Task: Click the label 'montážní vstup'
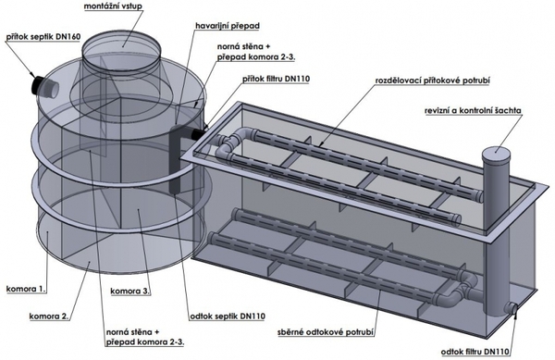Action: click(x=114, y=6)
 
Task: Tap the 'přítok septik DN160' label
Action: click(x=43, y=37)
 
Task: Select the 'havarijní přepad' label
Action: click(x=228, y=26)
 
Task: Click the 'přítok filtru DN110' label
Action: click(x=276, y=79)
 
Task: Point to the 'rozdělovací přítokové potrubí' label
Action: click(x=433, y=81)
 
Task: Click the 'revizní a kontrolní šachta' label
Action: click(x=473, y=111)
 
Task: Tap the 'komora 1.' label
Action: click(x=26, y=289)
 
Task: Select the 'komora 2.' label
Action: click(x=48, y=316)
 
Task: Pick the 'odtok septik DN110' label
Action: click(x=228, y=317)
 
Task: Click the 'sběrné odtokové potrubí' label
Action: click(x=326, y=333)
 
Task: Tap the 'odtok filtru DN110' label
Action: click(x=475, y=352)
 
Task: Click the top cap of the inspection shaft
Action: click(x=496, y=153)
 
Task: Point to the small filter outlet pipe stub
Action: click(x=512, y=307)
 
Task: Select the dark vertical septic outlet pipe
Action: click(x=176, y=158)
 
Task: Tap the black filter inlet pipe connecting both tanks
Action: click(x=198, y=134)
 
